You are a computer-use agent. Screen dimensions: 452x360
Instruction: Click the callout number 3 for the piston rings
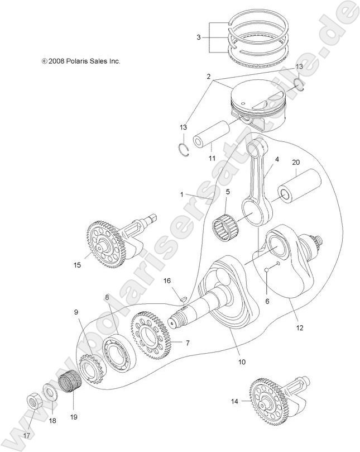click(x=198, y=38)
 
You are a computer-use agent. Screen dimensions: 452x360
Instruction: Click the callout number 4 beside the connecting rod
click(x=276, y=160)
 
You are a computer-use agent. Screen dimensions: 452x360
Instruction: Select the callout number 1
click(x=181, y=194)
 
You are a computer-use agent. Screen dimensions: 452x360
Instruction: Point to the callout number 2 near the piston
click(x=208, y=75)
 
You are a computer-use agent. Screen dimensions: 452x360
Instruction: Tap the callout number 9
click(x=76, y=313)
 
